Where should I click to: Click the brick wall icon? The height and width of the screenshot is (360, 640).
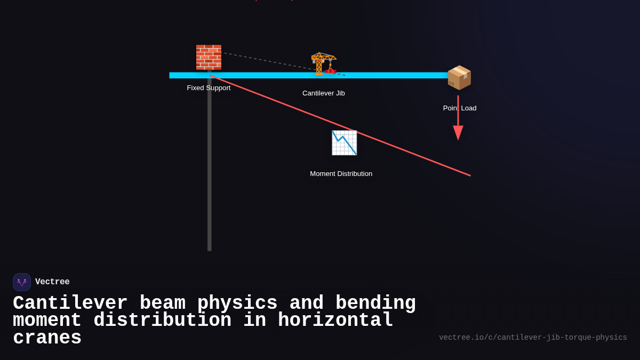[x=209, y=57]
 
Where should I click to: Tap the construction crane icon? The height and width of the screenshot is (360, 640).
[x=324, y=63]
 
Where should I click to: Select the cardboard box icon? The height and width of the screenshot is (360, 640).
[x=459, y=77]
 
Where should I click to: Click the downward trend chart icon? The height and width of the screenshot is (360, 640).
[x=344, y=142]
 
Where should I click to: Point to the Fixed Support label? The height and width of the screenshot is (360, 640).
[x=209, y=87]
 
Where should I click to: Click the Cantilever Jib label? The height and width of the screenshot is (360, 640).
[x=323, y=93]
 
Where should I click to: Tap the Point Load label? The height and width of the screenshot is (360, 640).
[x=460, y=108]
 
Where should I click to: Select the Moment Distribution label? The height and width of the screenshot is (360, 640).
[x=341, y=173]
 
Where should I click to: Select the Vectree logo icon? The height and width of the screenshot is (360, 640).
[x=22, y=282]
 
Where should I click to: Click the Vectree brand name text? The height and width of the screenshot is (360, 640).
[x=52, y=282]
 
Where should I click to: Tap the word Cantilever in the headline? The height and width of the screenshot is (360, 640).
[x=70, y=303]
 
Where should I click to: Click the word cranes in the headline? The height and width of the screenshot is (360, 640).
[x=47, y=338]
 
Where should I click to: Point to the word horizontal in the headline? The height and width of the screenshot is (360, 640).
[x=335, y=321]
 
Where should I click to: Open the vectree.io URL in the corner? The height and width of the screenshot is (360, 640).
[x=533, y=338]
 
